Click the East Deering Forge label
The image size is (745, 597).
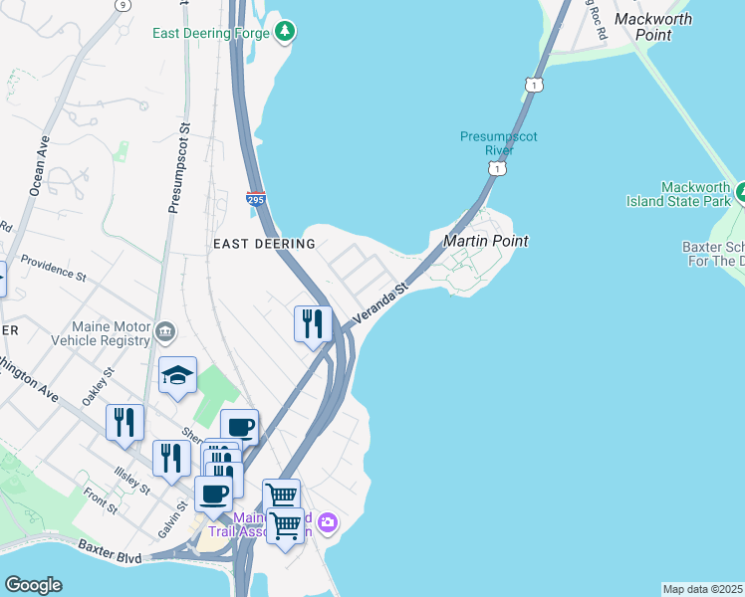tap(210, 33)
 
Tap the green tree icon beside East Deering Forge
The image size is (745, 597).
tap(286, 32)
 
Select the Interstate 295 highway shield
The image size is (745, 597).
tap(256, 200)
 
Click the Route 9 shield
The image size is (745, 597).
tap(121, 5)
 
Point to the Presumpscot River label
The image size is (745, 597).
tap(486, 143)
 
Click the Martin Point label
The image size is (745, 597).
tap(485, 241)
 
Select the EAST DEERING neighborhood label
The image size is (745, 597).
tap(264, 243)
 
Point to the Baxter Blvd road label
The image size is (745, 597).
tap(109, 546)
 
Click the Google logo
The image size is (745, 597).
tap(33, 585)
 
